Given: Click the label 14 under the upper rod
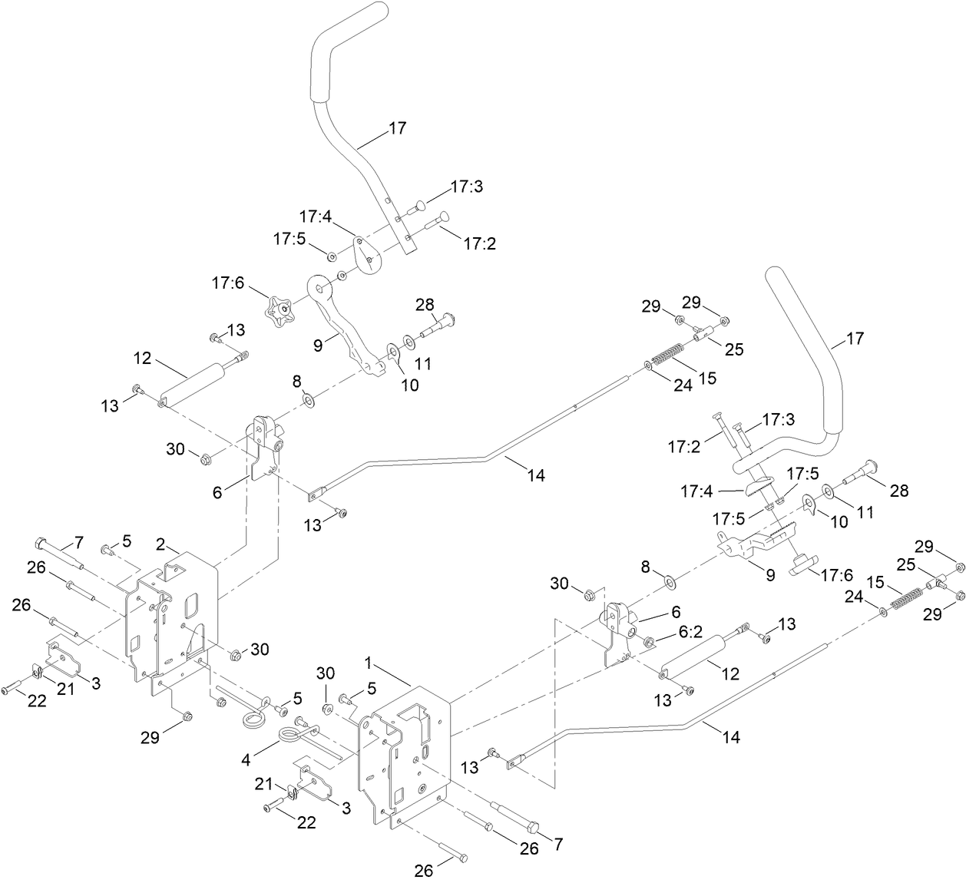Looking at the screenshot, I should (536, 475).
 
